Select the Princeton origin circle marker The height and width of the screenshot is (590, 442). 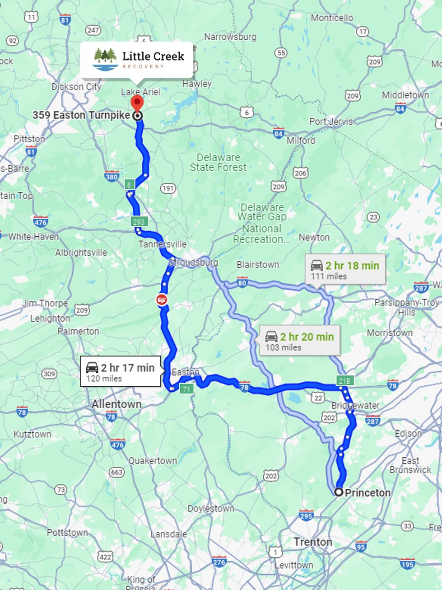coord(339,492)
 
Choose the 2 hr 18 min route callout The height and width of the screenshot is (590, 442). coord(345,270)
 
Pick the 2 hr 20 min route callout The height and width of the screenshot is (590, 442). coord(300,341)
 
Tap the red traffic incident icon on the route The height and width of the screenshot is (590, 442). coord(161,299)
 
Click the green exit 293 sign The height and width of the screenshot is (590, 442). coord(139,222)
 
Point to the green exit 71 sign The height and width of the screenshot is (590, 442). coord(186,389)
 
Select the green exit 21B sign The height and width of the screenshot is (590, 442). coord(344,381)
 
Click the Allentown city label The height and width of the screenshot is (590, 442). coord(116,404)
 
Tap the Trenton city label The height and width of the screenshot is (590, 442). coord(313,542)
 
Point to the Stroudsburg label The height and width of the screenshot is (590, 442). coord(194,262)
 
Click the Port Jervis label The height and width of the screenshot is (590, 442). coord(331,121)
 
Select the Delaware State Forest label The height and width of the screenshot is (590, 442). coord(219,162)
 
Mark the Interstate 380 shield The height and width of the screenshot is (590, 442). coord(112,177)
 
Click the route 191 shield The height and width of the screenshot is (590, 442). coord(168,188)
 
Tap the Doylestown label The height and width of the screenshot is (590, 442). coord(211,508)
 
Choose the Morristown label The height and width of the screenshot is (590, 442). coord(390,332)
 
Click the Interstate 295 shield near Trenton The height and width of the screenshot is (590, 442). coord(306,515)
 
